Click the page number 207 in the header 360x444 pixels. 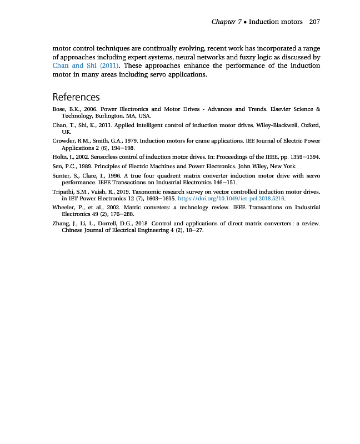314,22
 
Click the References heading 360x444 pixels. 76,97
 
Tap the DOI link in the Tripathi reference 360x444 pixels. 231,198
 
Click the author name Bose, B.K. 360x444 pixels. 63,109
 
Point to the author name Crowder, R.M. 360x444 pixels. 68,142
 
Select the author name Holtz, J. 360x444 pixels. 61,157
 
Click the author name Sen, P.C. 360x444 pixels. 62,167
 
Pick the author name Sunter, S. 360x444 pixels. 62,175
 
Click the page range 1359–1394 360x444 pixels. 304,157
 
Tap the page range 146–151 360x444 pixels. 224,182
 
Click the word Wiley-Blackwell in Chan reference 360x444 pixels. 273,125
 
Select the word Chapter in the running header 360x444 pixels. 223,22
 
